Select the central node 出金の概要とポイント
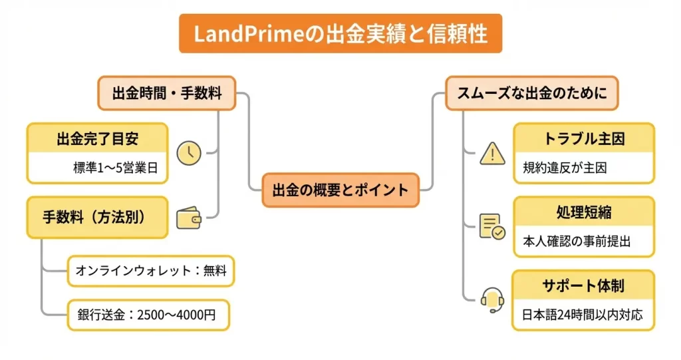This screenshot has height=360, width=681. (340, 190)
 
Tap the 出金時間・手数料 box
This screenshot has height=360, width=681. (166, 93)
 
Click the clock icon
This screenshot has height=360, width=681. (190, 153)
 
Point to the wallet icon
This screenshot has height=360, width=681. (190, 218)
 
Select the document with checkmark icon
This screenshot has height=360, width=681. (492, 226)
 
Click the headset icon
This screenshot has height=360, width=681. (492, 299)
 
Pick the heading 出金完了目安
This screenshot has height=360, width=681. (97, 139)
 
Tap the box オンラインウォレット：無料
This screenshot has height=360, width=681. (151, 271)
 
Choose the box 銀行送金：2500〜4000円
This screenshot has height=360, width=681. (148, 315)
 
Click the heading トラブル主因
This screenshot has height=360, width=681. (583, 139)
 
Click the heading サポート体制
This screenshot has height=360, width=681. (583, 286)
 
